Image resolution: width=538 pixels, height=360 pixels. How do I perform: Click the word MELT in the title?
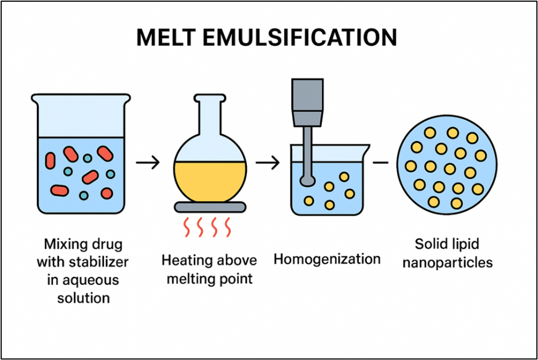(167, 38)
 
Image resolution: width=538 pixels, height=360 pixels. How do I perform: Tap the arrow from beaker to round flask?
(147, 163)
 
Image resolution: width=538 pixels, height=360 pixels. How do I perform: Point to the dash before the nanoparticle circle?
(380, 162)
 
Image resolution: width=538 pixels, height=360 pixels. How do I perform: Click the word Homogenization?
(327, 259)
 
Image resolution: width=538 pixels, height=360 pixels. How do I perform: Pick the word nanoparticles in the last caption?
(454, 262)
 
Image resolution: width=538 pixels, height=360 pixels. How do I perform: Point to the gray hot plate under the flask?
(211, 207)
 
